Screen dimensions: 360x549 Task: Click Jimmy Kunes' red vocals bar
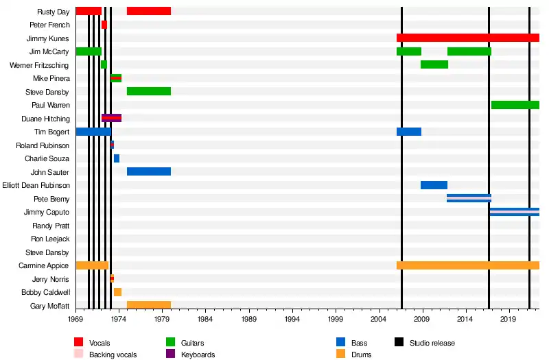(x=467, y=38)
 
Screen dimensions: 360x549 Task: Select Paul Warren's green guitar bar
(x=515, y=105)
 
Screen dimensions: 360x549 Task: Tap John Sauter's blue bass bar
(x=148, y=171)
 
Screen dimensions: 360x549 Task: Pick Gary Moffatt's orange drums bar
(x=148, y=305)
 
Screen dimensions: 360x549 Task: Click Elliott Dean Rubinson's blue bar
(x=434, y=185)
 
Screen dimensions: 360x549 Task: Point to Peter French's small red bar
(x=104, y=25)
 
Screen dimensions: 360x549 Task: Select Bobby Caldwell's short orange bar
(x=117, y=292)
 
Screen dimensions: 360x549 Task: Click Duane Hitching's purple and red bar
(x=111, y=118)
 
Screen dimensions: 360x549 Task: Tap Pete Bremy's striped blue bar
(x=469, y=198)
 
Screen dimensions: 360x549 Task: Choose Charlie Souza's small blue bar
(x=117, y=158)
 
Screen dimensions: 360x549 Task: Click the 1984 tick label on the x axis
(x=205, y=319)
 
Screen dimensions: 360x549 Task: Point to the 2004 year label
(x=379, y=319)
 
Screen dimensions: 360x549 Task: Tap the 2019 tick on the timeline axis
(x=509, y=319)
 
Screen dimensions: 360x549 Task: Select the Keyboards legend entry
(x=198, y=355)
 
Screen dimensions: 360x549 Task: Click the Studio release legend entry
(x=432, y=343)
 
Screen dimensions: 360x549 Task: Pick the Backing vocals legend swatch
(x=79, y=355)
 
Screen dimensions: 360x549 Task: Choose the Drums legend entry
(x=360, y=355)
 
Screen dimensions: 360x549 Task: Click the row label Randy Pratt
(x=51, y=226)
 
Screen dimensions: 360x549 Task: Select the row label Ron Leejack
(x=50, y=239)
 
